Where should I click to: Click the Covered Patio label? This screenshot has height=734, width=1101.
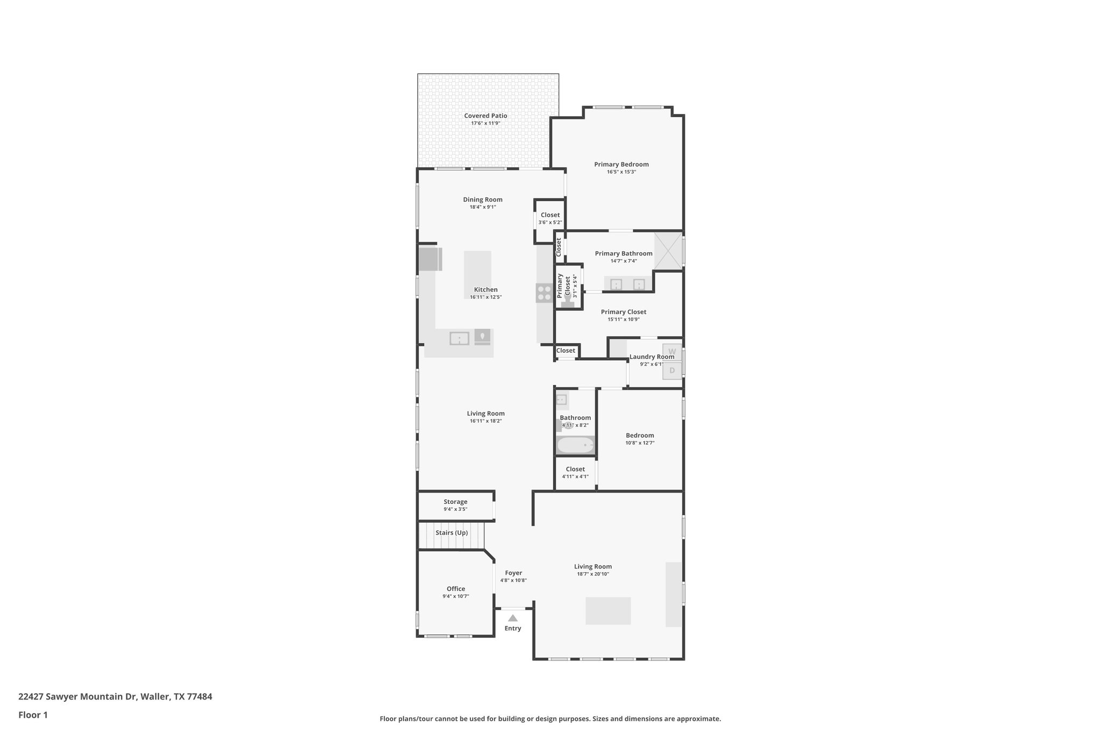[x=485, y=116]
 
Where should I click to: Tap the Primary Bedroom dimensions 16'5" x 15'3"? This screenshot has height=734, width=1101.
[x=621, y=172]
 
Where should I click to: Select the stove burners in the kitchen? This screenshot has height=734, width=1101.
[x=544, y=293]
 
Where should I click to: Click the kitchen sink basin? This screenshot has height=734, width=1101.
[x=459, y=338]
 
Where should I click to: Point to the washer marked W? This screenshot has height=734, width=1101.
[x=672, y=352]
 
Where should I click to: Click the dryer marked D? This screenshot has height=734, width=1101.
[x=672, y=370]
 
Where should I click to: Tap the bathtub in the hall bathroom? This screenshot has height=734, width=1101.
[x=575, y=445]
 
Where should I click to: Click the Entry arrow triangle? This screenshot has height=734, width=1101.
[x=513, y=618]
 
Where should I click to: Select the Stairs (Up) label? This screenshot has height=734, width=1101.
[x=452, y=533]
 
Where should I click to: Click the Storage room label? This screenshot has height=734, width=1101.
[x=455, y=502]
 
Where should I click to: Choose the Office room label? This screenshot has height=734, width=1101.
[x=456, y=589]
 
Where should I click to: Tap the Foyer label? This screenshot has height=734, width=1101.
[x=513, y=573]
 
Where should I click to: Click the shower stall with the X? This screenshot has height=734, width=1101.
[x=668, y=251]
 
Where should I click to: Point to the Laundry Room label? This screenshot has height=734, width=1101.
[x=652, y=357]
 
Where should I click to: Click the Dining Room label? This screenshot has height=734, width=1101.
[x=483, y=199]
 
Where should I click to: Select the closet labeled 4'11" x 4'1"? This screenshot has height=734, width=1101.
[x=575, y=473]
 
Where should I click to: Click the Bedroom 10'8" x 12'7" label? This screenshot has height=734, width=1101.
[x=640, y=436]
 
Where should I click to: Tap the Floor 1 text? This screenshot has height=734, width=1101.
[x=33, y=715]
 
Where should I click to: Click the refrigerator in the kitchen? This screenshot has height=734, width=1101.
[x=430, y=259]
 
